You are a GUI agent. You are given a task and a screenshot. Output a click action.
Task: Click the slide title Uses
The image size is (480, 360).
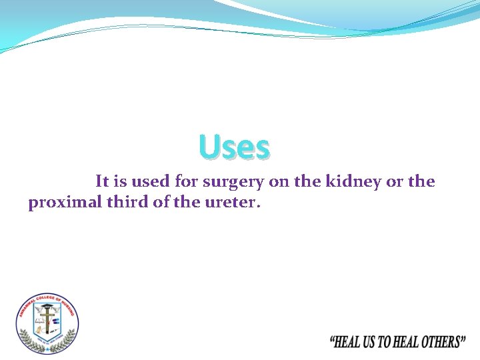click(x=234, y=148)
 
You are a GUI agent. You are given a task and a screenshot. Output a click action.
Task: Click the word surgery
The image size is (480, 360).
click(x=233, y=182)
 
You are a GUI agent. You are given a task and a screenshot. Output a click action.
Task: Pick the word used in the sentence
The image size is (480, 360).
click(x=151, y=181)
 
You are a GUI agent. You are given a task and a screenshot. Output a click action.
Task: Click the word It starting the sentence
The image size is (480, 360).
click(x=103, y=181)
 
